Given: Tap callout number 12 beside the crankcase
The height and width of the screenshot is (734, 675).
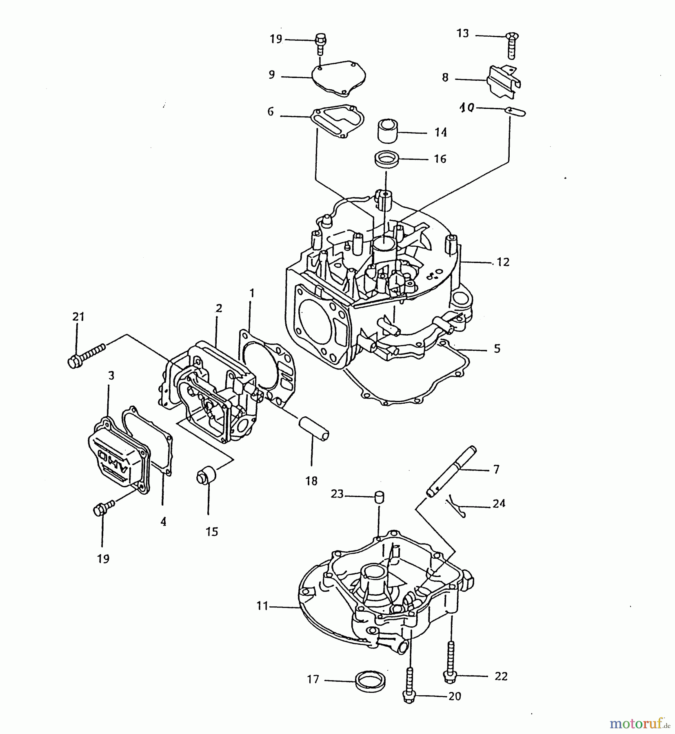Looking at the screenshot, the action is point(503,262).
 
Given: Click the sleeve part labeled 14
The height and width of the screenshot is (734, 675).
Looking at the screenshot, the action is point(387,130).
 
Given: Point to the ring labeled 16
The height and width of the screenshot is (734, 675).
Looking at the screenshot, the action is point(386,158).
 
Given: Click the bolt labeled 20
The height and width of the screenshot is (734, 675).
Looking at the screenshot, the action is point(409,684).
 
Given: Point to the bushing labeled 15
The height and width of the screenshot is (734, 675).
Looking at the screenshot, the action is point(206,476).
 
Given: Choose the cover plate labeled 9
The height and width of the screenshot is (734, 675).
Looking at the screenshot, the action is point(339,79).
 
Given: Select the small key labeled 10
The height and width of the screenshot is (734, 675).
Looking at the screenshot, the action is point(515,111).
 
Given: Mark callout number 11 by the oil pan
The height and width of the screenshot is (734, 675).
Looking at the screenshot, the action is point(262,606).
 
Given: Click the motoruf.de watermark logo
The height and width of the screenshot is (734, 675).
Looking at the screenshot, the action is point(640,724).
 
